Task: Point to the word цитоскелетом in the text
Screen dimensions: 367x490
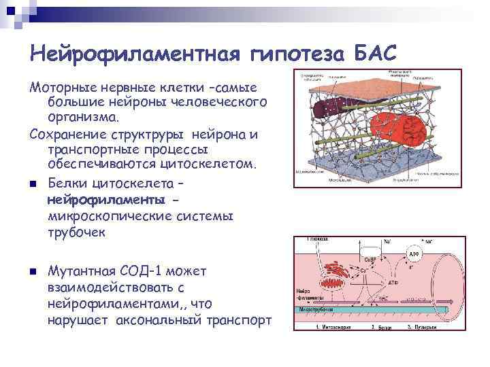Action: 207,164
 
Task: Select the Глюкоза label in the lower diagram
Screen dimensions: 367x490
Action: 315,239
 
